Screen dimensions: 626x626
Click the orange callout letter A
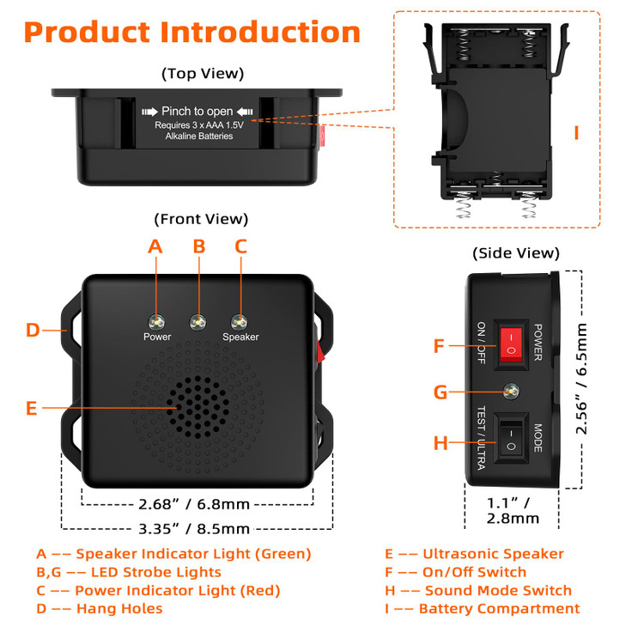[x=155, y=246]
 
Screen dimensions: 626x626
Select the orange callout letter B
[x=199, y=246]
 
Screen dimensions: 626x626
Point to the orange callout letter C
[x=240, y=246]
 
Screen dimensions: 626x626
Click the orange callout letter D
[x=33, y=330]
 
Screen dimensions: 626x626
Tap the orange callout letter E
[x=32, y=409]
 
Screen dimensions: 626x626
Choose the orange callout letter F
[x=440, y=346]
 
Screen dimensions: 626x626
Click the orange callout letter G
[x=441, y=392]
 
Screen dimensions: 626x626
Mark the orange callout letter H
[x=441, y=443]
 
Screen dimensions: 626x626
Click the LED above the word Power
[x=156, y=322]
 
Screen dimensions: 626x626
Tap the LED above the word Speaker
[x=240, y=322]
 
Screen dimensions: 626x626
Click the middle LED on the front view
[x=198, y=322]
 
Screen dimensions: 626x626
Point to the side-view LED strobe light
[x=512, y=392]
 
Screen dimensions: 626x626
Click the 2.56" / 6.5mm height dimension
[x=581, y=379]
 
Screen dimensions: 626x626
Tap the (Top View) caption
[x=203, y=74]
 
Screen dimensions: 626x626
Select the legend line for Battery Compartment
[x=482, y=609]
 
